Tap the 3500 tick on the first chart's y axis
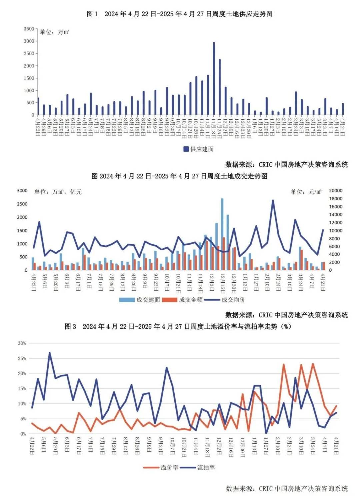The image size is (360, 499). (29, 29)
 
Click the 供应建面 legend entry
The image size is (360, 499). (199, 149)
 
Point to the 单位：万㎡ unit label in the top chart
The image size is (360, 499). (54, 32)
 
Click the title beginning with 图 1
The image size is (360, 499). (180, 14)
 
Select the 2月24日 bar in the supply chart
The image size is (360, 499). (296, 103)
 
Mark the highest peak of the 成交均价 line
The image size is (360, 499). (273, 200)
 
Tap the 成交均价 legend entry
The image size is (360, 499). (225, 300)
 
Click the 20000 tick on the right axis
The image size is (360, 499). (336, 191)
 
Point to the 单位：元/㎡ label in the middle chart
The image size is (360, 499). (306, 192)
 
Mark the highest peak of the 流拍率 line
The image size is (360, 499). (50, 353)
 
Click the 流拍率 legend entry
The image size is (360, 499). (198, 468)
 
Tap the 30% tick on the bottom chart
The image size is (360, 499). (22, 343)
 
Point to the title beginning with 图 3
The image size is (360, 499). (178, 327)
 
